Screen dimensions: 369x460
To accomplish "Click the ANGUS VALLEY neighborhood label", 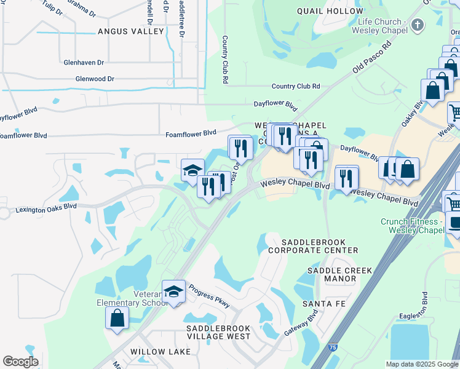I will pos(130,31).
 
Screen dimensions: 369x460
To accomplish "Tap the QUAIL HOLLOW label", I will pos(330,11).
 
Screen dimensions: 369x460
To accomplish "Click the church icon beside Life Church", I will pos(418,25).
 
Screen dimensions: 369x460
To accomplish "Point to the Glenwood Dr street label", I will pos(95,79).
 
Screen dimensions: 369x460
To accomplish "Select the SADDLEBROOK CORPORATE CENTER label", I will pos(312,246).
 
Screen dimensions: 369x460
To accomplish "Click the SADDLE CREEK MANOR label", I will pos(331,274).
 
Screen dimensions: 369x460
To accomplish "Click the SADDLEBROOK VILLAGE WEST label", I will pos(218,333).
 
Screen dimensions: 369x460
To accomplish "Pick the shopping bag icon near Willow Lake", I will pos(117,318).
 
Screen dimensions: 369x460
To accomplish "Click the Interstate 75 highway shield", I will pos(350,347).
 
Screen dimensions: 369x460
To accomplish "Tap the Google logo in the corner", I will pos(20,362).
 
